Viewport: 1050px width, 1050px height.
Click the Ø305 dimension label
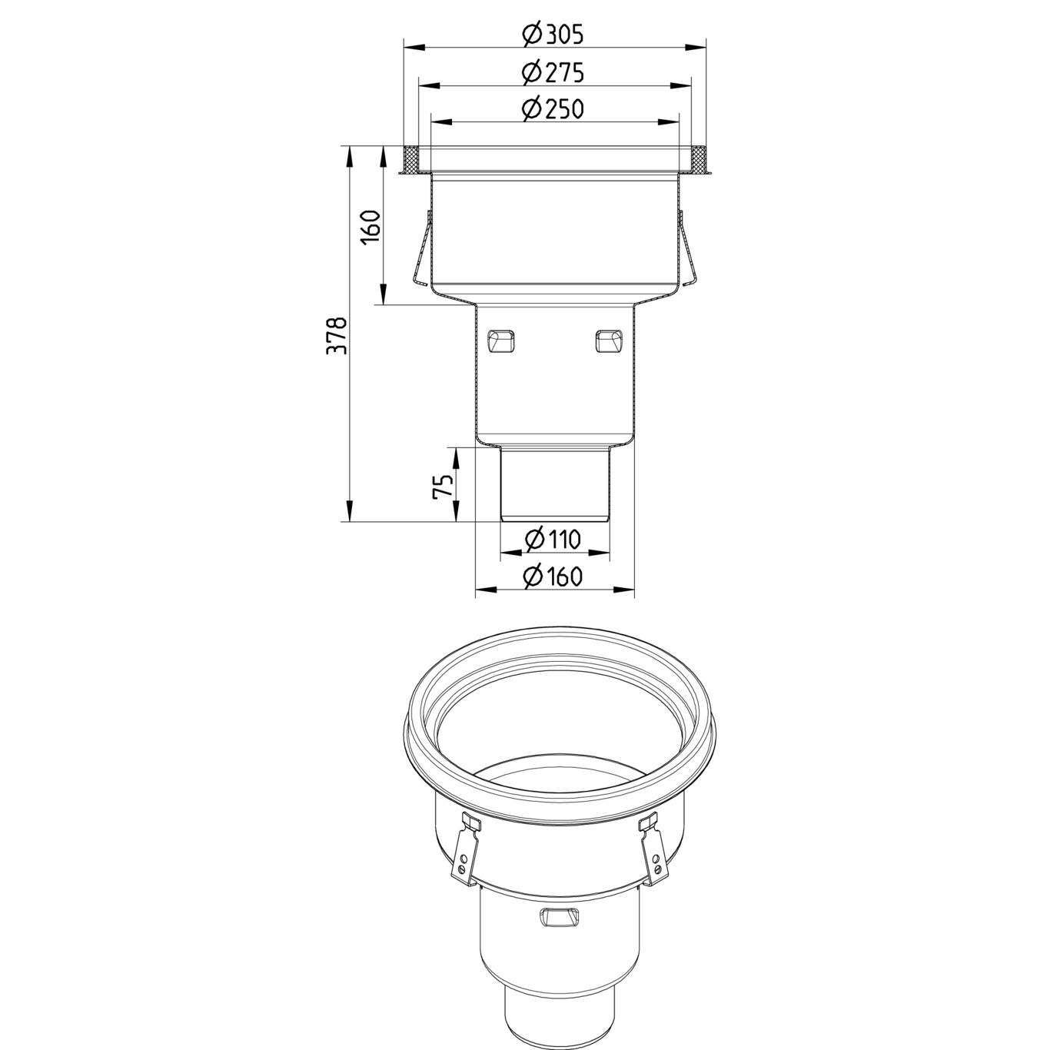pyautogui.click(x=553, y=35)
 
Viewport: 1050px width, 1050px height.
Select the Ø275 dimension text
pyautogui.click(x=553, y=72)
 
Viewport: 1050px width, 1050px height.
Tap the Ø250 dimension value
pyautogui.click(x=553, y=109)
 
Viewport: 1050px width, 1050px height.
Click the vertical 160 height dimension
pyautogui.click(x=371, y=227)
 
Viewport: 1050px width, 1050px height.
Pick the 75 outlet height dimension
pyautogui.click(x=444, y=486)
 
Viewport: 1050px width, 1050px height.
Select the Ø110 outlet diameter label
pyautogui.click(x=553, y=539)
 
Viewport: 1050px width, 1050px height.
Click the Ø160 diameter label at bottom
pyautogui.click(x=553, y=577)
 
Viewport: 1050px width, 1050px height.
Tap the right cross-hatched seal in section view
pyautogui.click(x=699, y=160)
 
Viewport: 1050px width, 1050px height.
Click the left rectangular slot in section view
pyautogui.click(x=502, y=339)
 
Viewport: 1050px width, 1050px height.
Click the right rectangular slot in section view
pyautogui.click(x=609, y=339)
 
